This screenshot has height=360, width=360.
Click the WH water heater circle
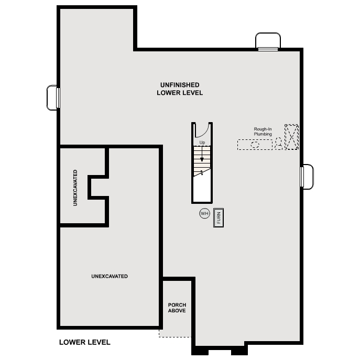[x=204, y=214]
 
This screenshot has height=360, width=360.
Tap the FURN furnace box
[x=219, y=217]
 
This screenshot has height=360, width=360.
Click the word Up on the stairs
[x=202, y=143]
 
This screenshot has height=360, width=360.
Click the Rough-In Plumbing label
[x=263, y=132]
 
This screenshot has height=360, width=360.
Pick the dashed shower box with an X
[x=291, y=137]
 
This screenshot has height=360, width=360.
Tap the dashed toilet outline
[x=279, y=143]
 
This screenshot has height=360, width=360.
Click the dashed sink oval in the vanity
[x=256, y=145]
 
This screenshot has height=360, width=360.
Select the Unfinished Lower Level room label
[x=180, y=89]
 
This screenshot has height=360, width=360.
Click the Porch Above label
[x=177, y=308]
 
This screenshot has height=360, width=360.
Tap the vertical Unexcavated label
[x=76, y=188]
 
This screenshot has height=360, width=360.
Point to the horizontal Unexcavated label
[x=110, y=276]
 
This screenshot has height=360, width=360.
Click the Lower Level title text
[x=85, y=342]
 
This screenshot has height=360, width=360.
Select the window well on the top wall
[x=267, y=41]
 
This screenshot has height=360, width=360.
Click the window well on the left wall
[x=53, y=98]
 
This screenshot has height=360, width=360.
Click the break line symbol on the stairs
[x=201, y=172]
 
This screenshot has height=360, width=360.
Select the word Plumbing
[x=263, y=134]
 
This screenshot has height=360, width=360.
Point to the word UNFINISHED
[x=180, y=84]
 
